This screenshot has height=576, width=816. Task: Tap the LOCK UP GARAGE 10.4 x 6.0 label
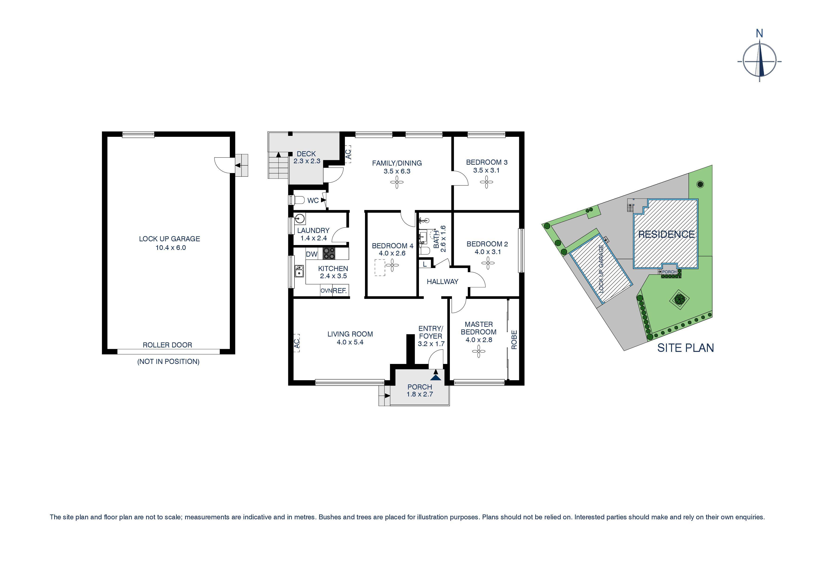[x=170, y=243]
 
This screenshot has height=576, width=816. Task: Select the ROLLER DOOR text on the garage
[x=167, y=345]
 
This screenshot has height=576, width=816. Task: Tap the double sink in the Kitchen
[x=299, y=271]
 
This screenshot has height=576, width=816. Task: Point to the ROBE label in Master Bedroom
[x=514, y=340]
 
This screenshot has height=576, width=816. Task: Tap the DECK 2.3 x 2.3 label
[x=306, y=157]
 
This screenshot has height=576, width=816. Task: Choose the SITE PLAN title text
[x=685, y=348]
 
